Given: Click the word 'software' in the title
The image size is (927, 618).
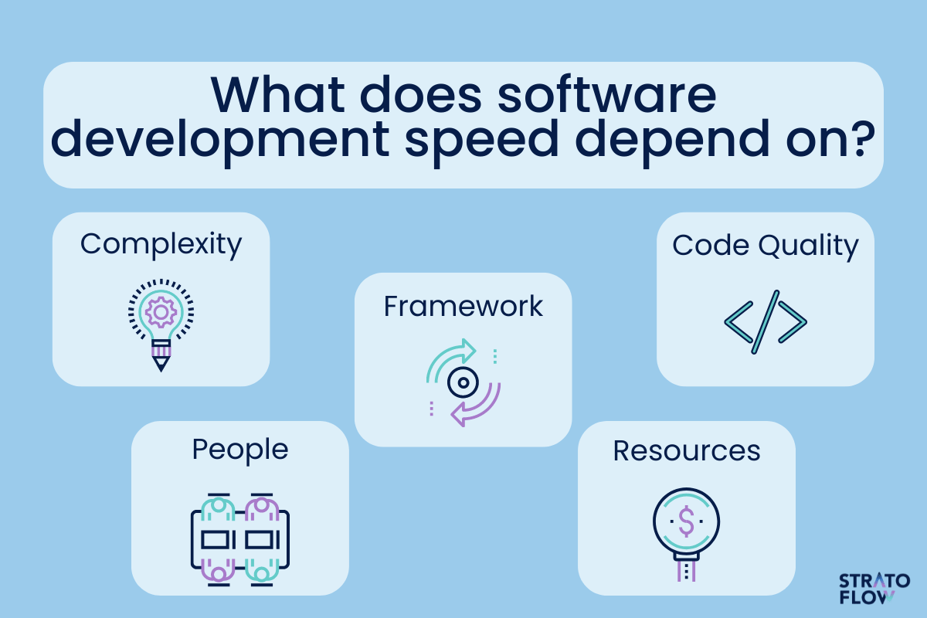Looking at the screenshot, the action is [x=606, y=95].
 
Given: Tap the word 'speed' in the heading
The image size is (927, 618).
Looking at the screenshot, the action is [x=481, y=143].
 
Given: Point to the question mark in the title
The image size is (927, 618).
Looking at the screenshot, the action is [x=863, y=138].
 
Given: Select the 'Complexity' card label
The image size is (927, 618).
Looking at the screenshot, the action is [x=161, y=245].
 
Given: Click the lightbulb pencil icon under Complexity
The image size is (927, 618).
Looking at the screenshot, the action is [x=161, y=325].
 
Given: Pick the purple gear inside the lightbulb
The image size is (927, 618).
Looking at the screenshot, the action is [x=161, y=312].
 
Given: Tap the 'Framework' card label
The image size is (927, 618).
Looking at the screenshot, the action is [x=463, y=307].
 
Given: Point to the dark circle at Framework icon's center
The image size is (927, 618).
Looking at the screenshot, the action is [x=463, y=382].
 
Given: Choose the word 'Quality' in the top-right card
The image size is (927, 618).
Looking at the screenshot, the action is [x=808, y=246].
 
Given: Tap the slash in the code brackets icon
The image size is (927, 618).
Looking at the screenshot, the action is [x=766, y=322].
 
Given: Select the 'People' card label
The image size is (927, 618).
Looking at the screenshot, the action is [x=240, y=450].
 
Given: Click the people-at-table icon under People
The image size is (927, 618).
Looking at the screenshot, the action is [x=240, y=540].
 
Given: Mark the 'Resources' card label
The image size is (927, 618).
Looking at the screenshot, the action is [x=687, y=451].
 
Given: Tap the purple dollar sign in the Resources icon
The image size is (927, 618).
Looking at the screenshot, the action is [x=687, y=521].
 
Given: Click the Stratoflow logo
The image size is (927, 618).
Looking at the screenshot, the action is [x=874, y=589].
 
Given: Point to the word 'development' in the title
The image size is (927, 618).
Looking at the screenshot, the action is [x=219, y=143].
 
